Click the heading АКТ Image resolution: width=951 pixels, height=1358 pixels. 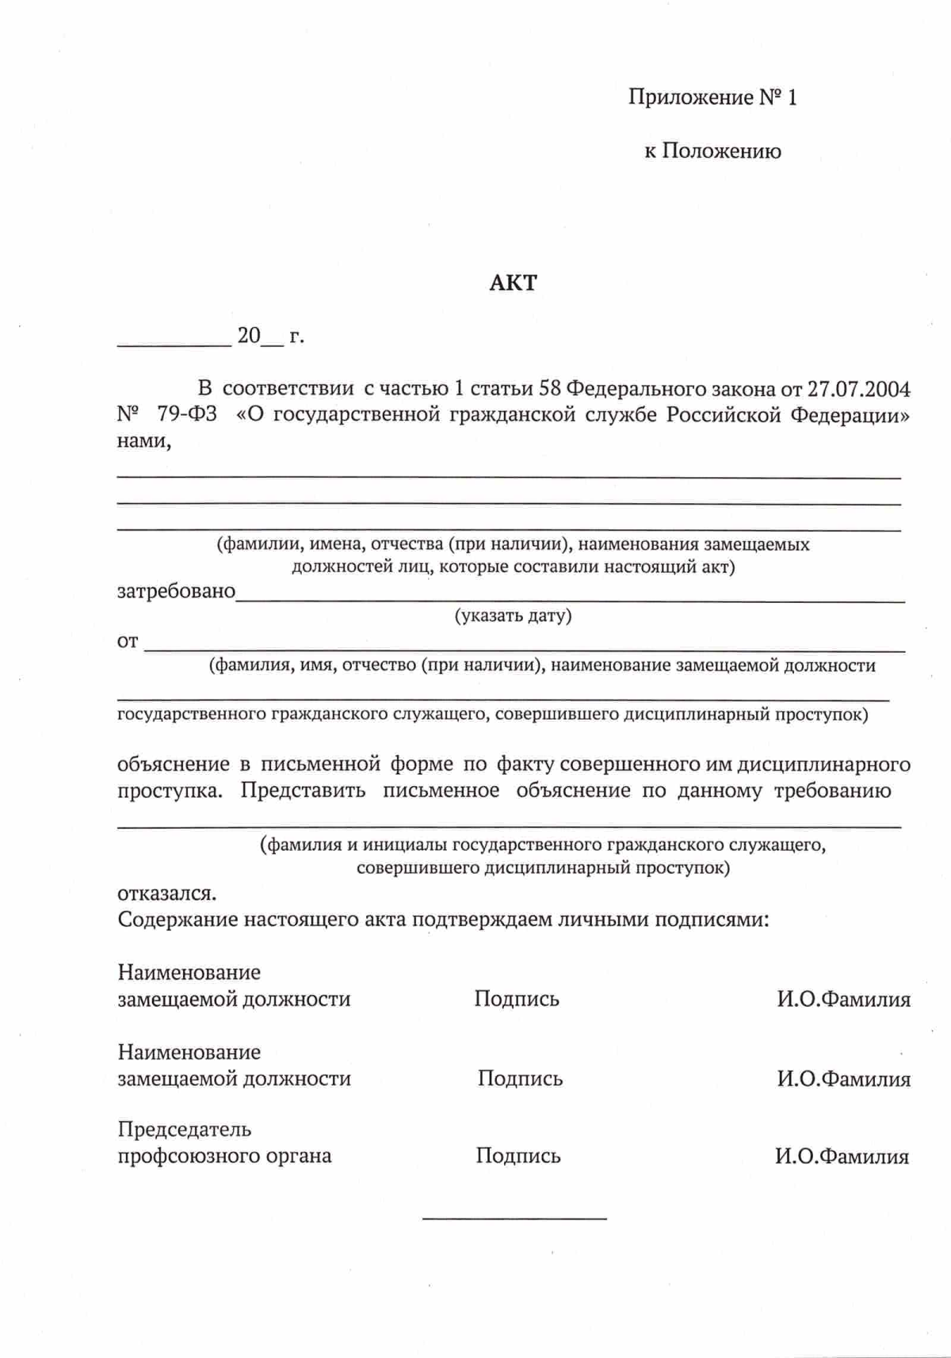(x=513, y=283)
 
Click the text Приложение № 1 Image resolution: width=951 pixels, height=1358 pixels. (x=712, y=97)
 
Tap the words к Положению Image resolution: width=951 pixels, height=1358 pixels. (x=712, y=151)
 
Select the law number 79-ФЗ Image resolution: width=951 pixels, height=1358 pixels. (x=187, y=415)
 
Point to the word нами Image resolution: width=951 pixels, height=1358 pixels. (x=143, y=441)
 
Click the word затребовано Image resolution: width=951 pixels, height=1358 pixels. (x=176, y=591)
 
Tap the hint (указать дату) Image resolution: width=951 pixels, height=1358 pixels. (x=513, y=616)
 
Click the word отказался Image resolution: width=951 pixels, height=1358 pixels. (x=166, y=894)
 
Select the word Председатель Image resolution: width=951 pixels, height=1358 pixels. (x=185, y=1129)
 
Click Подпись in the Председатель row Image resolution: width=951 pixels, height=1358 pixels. (x=518, y=1156)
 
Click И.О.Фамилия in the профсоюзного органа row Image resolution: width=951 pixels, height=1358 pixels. (x=842, y=1157)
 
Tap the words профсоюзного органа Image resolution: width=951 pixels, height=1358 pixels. (x=224, y=1156)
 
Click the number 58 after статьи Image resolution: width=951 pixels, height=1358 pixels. (x=550, y=389)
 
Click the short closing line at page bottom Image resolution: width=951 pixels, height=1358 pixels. (x=514, y=1218)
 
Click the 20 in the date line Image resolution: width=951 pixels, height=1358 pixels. (x=249, y=336)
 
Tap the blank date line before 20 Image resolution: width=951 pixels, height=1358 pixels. (x=174, y=344)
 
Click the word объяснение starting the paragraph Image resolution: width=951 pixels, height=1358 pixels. (x=173, y=765)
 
